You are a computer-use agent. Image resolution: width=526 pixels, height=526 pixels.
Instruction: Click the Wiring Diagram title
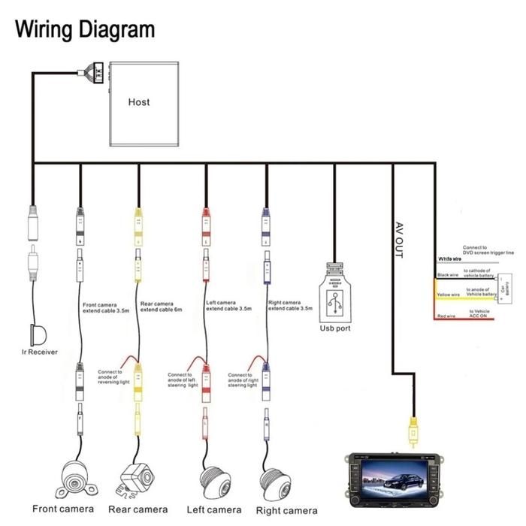coord(85,29)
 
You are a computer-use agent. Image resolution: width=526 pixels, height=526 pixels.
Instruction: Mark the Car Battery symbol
coord(503,288)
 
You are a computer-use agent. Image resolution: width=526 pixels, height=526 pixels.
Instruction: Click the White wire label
coord(449,260)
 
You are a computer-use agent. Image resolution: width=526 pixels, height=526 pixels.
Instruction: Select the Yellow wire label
coord(447,295)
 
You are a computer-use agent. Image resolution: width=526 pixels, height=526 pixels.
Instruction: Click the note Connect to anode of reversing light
coord(114,376)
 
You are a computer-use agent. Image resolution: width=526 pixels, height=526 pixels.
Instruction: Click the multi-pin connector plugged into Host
coord(95,73)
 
